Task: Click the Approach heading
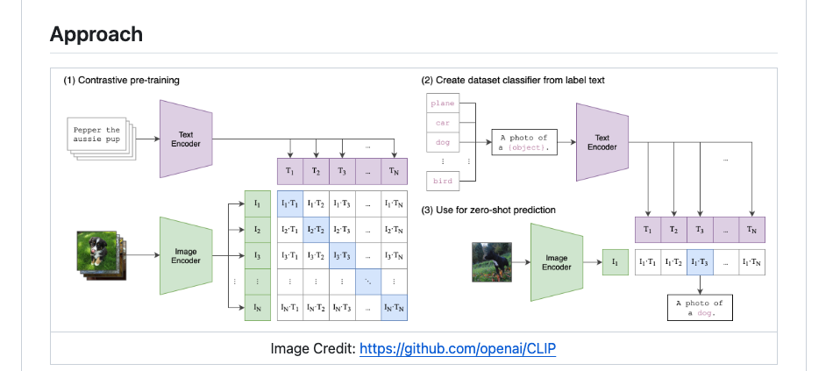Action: pyautogui.click(x=96, y=34)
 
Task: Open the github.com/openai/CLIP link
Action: pyautogui.click(x=456, y=349)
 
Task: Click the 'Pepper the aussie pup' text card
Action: pyautogui.click(x=96, y=135)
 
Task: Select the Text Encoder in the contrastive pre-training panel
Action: pyautogui.click(x=185, y=139)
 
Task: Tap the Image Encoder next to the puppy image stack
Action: pyautogui.click(x=185, y=255)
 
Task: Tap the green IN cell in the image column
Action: pyautogui.click(x=257, y=307)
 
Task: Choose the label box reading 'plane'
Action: pyautogui.click(x=443, y=103)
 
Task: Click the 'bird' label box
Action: pyautogui.click(x=443, y=181)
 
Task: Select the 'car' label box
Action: pyautogui.click(x=443, y=123)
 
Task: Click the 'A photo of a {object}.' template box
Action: pyautogui.click(x=523, y=142)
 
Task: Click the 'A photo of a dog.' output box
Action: pyautogui.click(x=698, y=308)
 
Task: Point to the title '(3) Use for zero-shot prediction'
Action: pyautogui.click(x=488, y=210)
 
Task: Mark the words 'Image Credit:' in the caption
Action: pyautogui.click(x=312, y=349)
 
